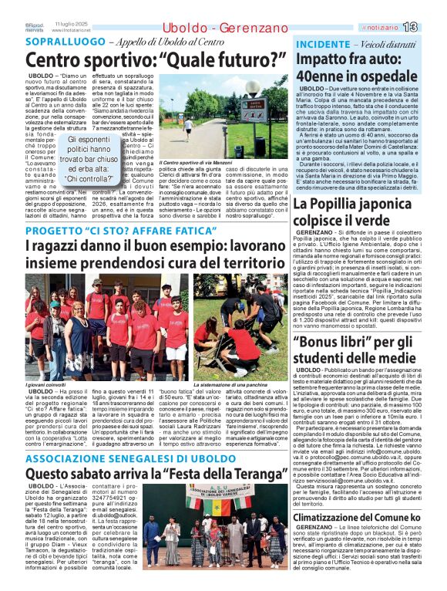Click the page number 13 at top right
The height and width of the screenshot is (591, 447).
432,27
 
